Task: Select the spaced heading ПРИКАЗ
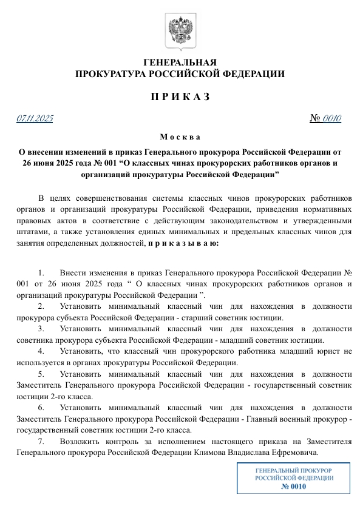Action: (x=180, y=96)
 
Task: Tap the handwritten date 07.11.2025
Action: (x=35, y=118)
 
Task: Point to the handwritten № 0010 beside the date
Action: (x=325, y=118)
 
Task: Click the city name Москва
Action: (x=180, y=137)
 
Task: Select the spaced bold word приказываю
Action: (x=184, y=243)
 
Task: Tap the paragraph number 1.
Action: (x=41, y=273)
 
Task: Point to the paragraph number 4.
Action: (x=41, y=351)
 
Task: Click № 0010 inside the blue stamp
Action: (x=293, y=486)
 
